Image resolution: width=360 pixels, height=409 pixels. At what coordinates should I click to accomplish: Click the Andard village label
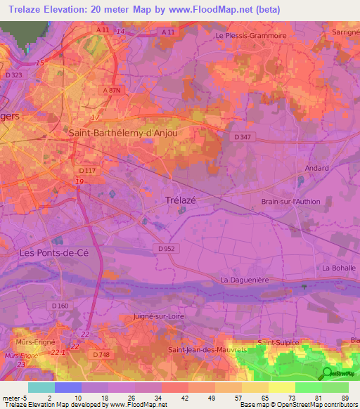pos(316,169)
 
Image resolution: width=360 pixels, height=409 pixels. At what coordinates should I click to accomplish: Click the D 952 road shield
pos(166,248)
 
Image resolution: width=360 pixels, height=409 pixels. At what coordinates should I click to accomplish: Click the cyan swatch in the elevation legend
pos(41,387)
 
